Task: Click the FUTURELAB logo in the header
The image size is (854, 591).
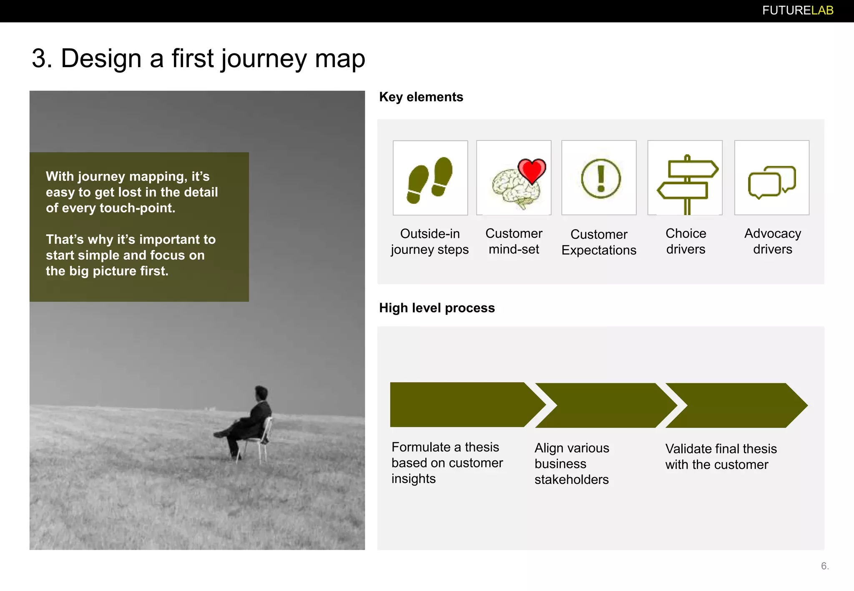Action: tap(797, 10)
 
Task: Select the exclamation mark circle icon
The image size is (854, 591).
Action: tap(600, 178)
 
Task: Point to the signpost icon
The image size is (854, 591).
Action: tap(687, 183)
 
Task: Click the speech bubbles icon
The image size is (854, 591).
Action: tap(771, 182)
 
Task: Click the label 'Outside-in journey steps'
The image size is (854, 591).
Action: tap(430, 241)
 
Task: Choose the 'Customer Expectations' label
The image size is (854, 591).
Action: tap(599, 242)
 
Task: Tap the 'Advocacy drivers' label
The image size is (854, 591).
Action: tap(772, 241)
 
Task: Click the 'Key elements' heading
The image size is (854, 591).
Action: tap(421, 97)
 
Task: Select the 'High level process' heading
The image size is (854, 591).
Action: tap(437, 308)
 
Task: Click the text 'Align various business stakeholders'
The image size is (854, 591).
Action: tap(571, 463)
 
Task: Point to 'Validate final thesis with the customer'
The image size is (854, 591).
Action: tap(721, 456)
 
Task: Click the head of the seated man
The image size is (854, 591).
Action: tap(261, 393)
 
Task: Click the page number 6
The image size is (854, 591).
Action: tap(824, 566)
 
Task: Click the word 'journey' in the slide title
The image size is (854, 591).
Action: tap(264, 59)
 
